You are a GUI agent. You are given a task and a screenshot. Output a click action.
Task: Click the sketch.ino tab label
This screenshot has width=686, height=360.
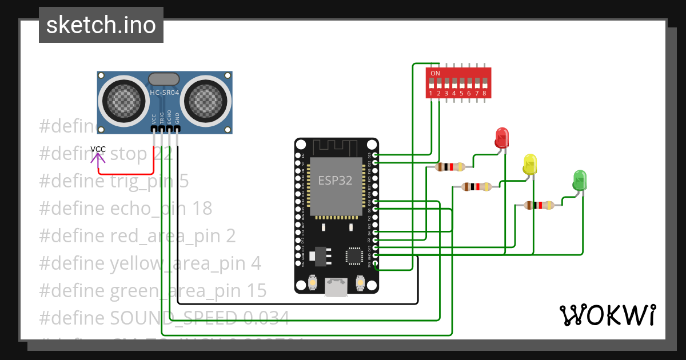pos(101,25)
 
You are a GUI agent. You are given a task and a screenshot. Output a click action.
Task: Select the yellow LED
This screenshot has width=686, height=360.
pos(530,164)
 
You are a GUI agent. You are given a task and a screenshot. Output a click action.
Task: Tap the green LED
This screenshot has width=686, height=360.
pos(580,180)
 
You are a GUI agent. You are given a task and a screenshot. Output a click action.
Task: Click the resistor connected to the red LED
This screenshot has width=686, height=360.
pos(450,167)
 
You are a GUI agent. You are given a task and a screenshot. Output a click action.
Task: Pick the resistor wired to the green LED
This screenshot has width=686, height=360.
pos(539,205)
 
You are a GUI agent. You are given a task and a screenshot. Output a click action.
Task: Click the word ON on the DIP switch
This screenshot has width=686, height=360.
pos(435,74)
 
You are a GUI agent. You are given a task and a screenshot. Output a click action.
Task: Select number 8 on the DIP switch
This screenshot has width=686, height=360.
pos(484,93)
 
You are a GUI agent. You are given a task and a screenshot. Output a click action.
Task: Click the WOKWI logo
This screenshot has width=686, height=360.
pos(607,315)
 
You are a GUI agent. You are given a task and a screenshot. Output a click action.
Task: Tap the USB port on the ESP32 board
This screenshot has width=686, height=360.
pos(336,287)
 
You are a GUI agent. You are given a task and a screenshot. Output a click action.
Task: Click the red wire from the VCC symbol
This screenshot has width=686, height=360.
pos(126,173)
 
